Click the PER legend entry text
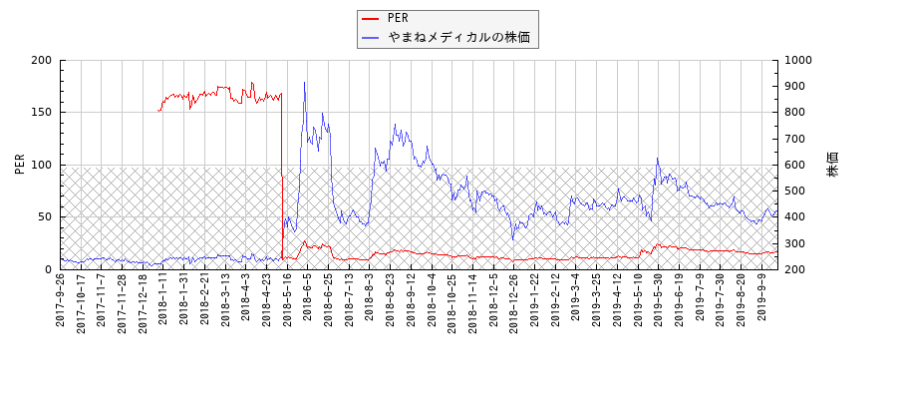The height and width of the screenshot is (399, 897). (398, 18)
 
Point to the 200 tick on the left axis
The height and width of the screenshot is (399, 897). (41, 60)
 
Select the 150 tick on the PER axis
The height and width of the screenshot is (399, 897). (41, 113)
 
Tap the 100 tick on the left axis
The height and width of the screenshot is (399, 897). (41, 165)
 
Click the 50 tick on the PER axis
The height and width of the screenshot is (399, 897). (45, 216)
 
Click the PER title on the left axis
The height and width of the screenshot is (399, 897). (20, 165)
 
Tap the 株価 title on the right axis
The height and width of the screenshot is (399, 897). (832, 165)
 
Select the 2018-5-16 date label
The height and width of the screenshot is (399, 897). (286, 301)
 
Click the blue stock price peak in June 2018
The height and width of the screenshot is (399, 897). (304, 83)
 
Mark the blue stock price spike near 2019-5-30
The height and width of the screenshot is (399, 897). (657, 159)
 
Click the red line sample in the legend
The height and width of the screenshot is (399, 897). (371, 18)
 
